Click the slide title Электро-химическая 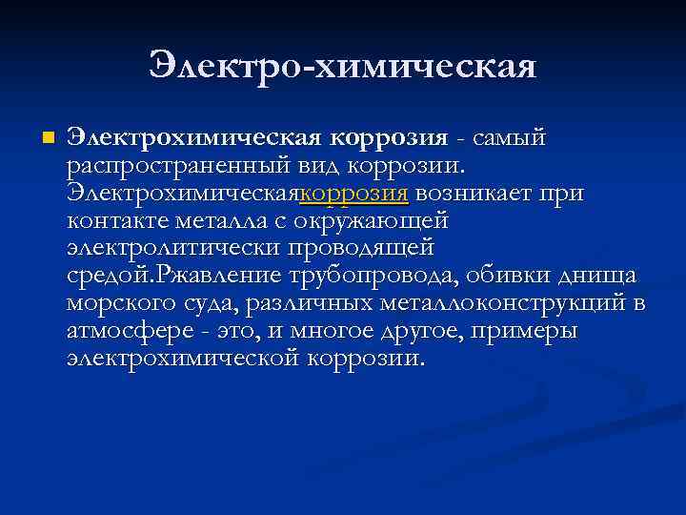point(343,66)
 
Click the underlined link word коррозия point(354,194)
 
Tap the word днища point(598,277)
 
